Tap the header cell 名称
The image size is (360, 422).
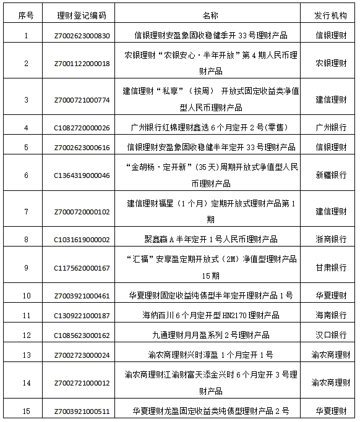click(x=210, y=14)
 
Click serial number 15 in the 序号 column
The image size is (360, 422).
click(x=26, y=410)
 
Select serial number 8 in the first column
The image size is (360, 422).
click(x=26, y=239)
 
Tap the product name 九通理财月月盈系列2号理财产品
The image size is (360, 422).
click(x=210, y=335)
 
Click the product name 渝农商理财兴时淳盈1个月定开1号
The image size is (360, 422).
click(x=210, y=354)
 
